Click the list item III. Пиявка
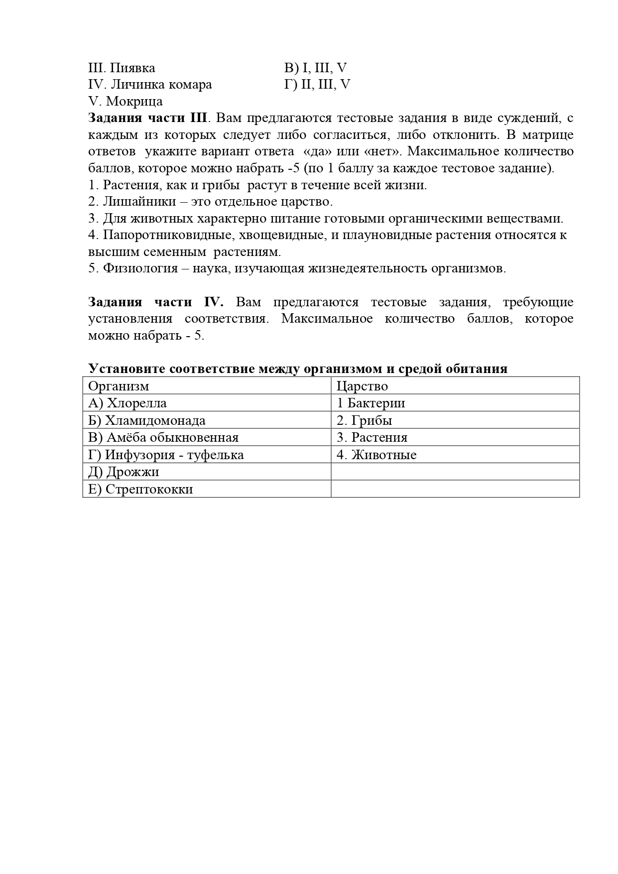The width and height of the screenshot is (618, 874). pyautogui.click(x=122, y=68)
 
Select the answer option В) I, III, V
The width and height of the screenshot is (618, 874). pyautogui.click(x=315, y=68)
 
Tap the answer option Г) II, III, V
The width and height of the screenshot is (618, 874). pyautogui.click(x=317, y=85)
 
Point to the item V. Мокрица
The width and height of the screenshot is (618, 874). pyautogui.click(x=125, y=102)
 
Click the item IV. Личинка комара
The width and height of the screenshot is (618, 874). pyautogui.click(x=150, y=85)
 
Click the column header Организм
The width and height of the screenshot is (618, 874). pyautogui.click(x=119, y=386)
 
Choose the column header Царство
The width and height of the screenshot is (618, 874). pyautogui.click(x=362, y=386)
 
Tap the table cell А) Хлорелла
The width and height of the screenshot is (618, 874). pyautogui.click(x=127, y=403)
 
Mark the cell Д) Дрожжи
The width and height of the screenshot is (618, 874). pyautogui.click(x=124, y=472)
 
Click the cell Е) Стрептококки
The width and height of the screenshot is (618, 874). pyautogui.click(x=140, y=489)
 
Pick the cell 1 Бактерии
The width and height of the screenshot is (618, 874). pyautogui.click(x=371, y=403)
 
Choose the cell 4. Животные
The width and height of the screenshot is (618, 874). pyautogui.click(x=376, y=455)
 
